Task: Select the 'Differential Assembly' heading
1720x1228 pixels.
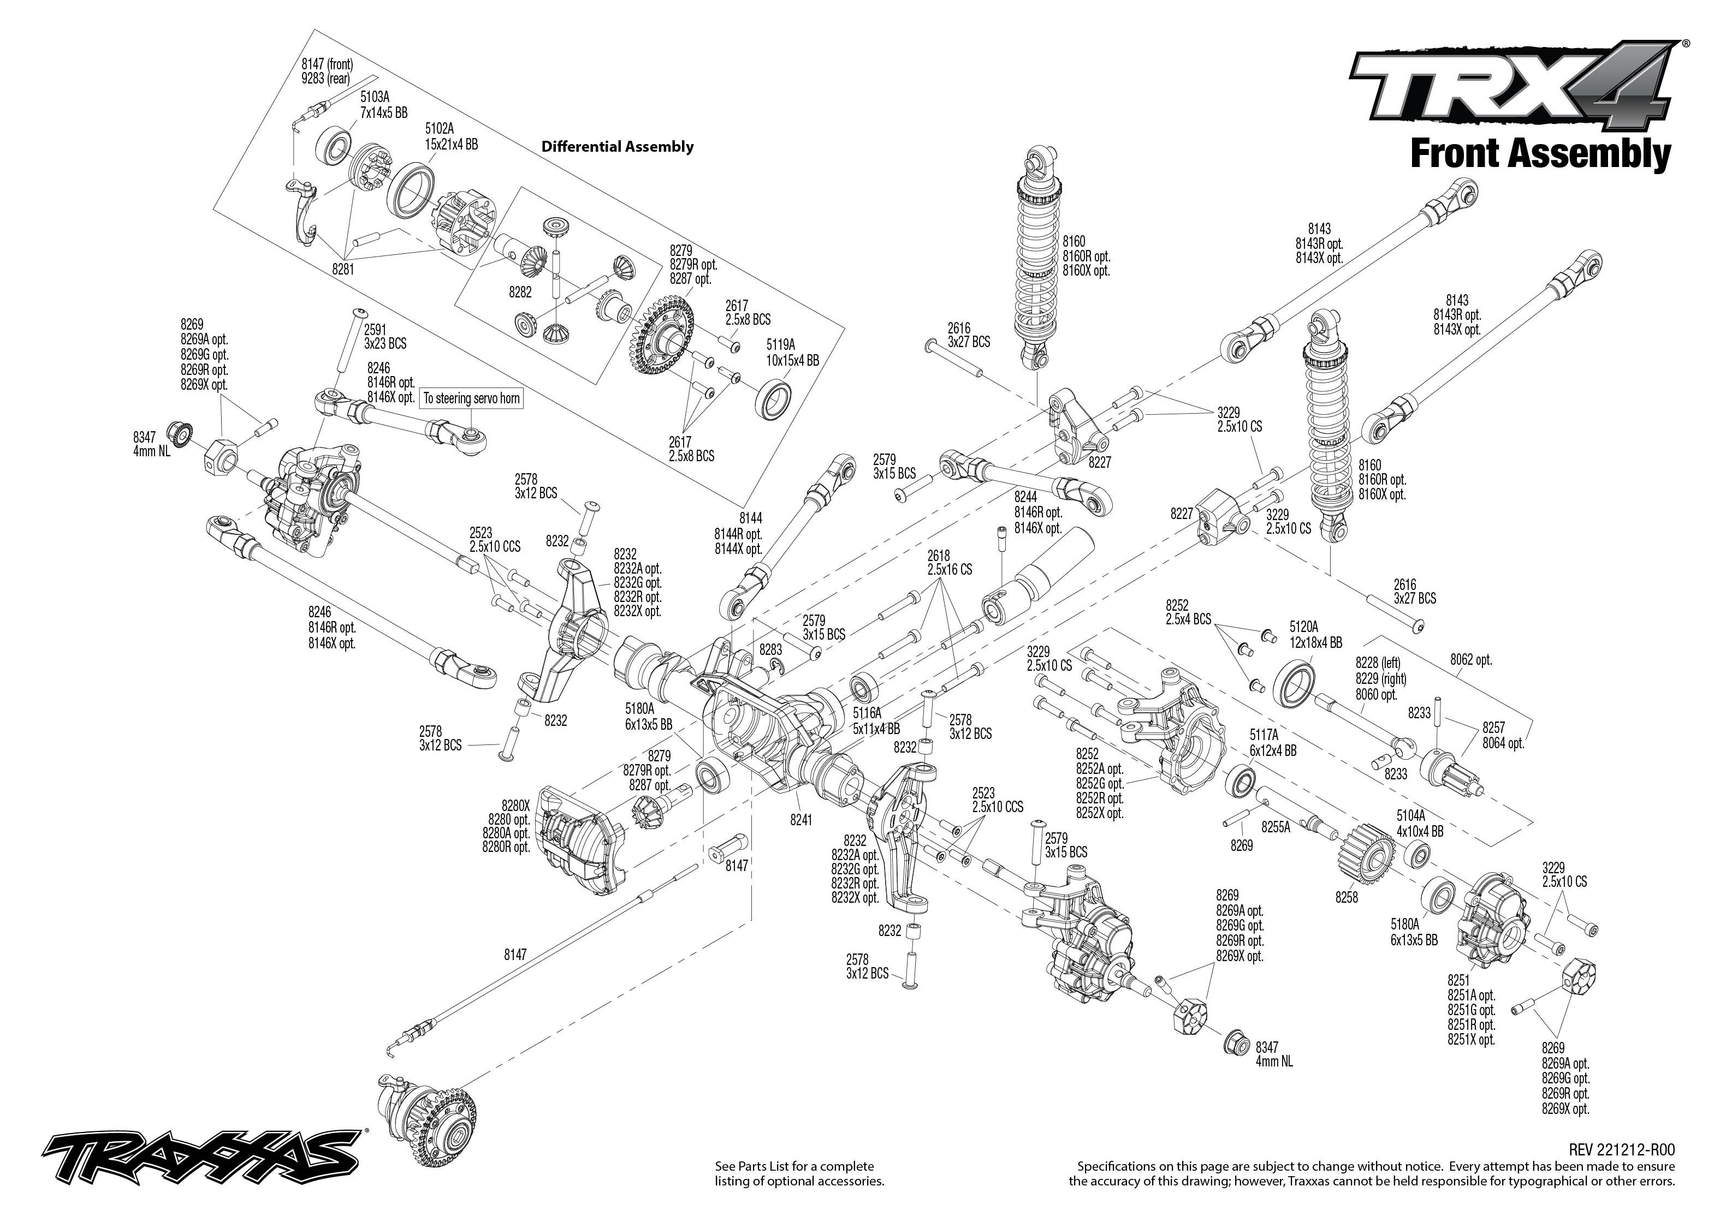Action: (617, 147)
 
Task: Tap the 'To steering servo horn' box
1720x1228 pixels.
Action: (471, 398)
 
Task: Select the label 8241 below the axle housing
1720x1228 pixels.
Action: (800, 819)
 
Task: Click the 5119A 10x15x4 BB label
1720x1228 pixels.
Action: (792, 354)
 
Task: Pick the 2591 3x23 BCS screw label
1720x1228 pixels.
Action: (384, 337)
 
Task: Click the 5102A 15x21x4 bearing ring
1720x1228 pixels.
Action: (414, 198)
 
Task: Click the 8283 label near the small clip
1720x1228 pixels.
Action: (771, 649)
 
